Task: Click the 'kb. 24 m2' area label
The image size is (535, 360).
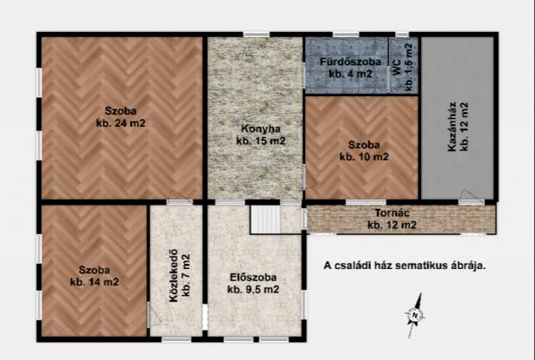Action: pos(120,123)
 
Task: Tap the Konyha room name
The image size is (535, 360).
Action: pos(261,129)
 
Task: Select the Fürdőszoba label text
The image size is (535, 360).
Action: pos(350,62)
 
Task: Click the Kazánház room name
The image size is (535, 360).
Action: pos(452,126)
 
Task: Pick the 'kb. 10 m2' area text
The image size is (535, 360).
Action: pos(364,157)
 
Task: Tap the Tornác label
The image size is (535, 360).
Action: pos(392,213)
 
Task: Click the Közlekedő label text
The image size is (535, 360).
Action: pos(174,276)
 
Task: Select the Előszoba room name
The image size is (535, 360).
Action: pos(252,277)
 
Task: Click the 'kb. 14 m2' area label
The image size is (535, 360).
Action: pos(94,282)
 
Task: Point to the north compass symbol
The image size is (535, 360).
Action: pos(415,316)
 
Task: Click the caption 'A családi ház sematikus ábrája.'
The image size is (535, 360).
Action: pos(405,266)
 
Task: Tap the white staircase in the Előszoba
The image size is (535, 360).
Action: pos(266,219)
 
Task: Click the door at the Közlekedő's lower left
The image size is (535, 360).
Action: pos(154,314)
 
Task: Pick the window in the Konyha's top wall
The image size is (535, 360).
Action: pos(257,34)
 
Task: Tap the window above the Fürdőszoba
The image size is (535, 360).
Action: pos(345,34)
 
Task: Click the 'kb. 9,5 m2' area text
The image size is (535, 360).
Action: pos(253,290)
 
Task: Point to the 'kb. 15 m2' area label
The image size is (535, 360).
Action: pos(261,141)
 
